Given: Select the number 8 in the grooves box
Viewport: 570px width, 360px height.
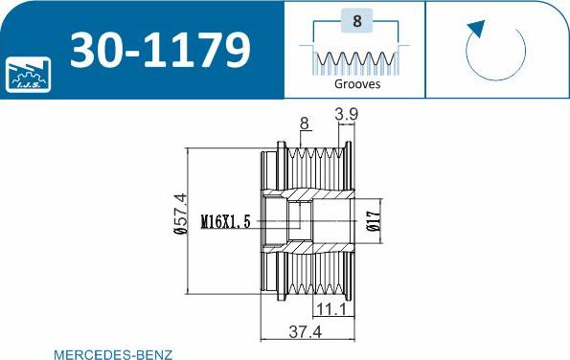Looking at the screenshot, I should click(356, 20).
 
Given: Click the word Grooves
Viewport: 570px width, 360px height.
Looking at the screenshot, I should click(357, 83).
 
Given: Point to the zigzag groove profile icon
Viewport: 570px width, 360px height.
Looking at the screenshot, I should click(356, 61).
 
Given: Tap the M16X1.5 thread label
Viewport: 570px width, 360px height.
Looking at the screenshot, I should click(226, 222).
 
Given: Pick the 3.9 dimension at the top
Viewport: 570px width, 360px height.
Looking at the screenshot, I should click(347, 116).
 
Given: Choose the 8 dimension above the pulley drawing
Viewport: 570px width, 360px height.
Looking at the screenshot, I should click(304, 123).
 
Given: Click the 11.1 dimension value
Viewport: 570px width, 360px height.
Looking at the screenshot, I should click(331, 308).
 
